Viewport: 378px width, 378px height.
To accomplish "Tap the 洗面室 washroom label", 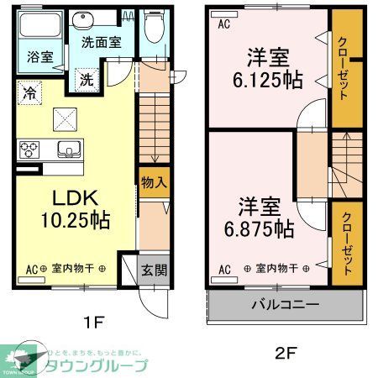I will [99, 40].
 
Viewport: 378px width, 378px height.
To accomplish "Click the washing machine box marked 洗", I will [87, 79].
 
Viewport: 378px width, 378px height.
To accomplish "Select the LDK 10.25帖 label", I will [76, 209].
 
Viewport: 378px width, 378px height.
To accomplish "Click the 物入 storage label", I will [152, 182].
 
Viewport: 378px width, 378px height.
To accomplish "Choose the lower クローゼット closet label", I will [344, 239].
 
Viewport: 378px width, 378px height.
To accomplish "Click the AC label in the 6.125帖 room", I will [223, 24].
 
